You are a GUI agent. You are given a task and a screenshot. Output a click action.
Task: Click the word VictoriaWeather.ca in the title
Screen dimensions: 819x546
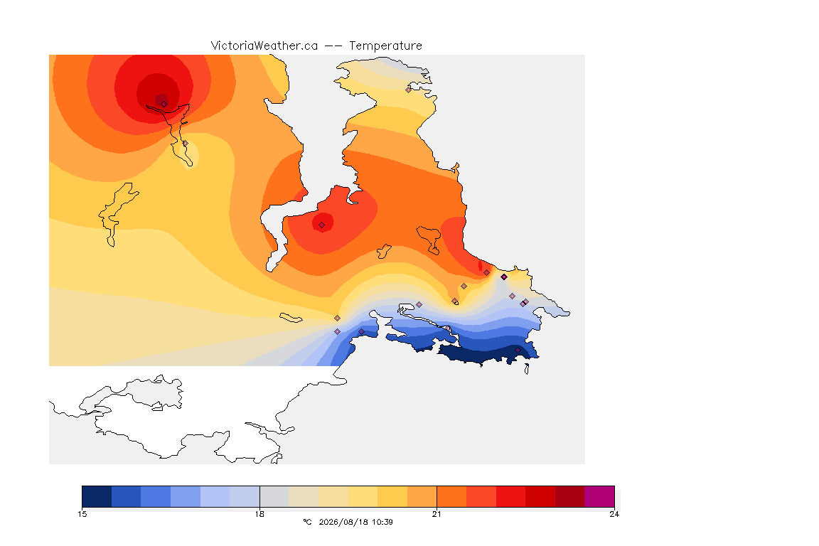tap(264, 46)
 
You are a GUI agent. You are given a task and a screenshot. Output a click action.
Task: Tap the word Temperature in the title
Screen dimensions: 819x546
tap(385, 46)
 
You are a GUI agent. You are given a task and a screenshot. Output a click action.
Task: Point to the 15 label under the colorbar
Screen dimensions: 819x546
tap(82, 514)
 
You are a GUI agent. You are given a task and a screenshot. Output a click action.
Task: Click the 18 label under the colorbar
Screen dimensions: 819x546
tap(259, 514)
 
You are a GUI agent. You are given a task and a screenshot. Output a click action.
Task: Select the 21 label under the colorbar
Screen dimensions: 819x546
tap(437, 514)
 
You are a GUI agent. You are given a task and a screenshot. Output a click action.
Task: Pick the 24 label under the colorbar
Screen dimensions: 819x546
tap(614, 514)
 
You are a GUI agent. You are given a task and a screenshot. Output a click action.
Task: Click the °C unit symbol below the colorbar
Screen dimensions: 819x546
tap(307, 522)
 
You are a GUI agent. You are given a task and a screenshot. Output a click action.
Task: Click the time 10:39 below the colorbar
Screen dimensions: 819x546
tap(382, 522)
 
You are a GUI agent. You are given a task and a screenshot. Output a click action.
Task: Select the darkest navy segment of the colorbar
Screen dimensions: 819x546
tap(97, 496)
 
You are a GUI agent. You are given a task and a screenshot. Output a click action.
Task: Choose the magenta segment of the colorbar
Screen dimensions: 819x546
tap(599, 496)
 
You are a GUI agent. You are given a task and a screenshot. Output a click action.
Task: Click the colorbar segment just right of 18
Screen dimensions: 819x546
tap(274, 496)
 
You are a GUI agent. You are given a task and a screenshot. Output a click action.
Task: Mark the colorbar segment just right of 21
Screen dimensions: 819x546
tap(451, 496)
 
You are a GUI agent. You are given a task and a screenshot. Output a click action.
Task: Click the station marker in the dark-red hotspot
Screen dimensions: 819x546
tap(164, 104)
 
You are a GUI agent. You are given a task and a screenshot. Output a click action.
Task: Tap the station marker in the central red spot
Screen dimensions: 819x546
tap(322, 225)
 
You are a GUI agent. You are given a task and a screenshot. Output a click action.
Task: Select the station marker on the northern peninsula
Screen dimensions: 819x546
tap(409, 90)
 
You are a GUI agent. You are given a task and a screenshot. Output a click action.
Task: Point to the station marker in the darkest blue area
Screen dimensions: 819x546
tap(518, 350)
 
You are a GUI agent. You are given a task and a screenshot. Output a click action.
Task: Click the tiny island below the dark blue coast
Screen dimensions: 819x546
tap(527, 369)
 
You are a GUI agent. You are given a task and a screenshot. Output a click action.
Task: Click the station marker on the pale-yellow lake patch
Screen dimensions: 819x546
tap(185, 144)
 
